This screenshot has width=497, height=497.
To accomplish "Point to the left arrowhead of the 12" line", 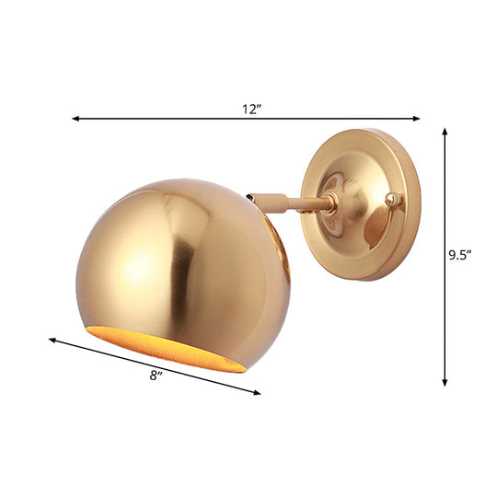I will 75,119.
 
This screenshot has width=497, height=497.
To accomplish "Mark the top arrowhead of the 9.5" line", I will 445,132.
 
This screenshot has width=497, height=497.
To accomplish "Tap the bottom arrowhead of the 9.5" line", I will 445,381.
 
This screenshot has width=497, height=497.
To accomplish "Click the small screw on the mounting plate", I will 395,198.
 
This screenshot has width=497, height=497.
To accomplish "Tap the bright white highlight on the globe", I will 138,267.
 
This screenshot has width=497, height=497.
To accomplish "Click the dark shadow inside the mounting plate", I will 377,225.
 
